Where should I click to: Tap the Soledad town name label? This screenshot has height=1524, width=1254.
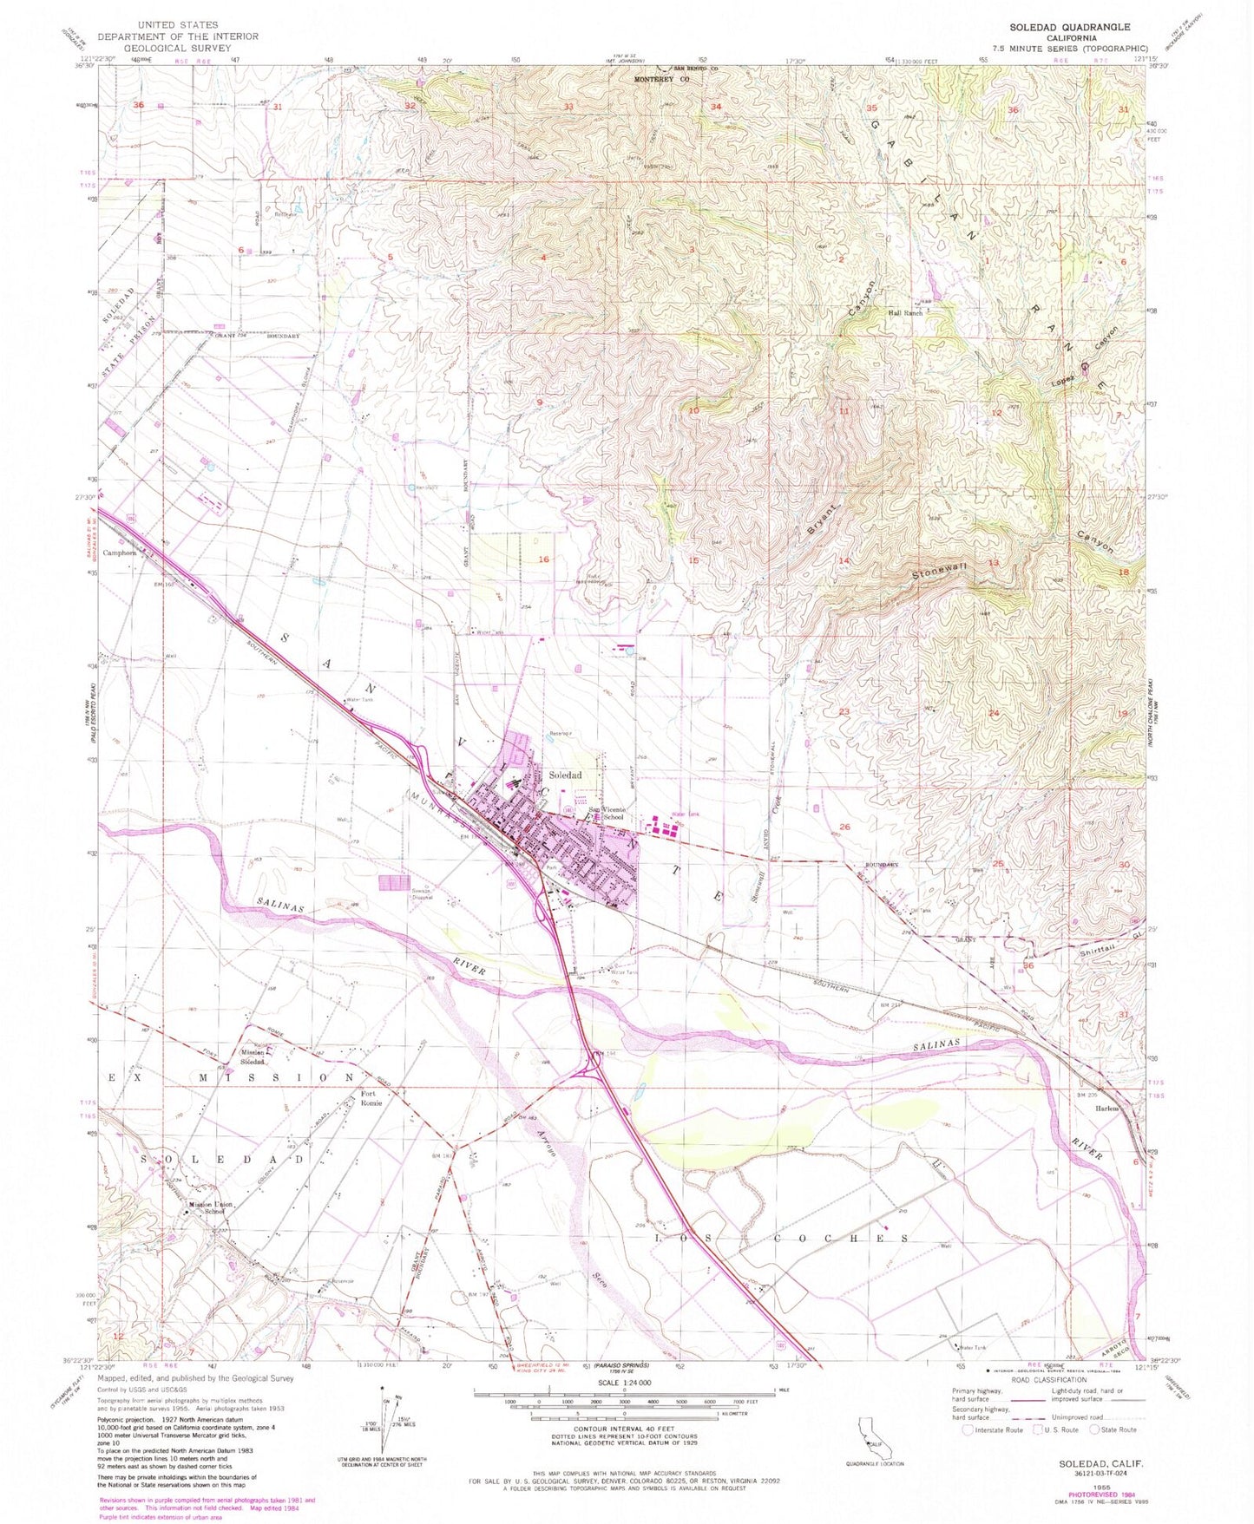pos(564,775)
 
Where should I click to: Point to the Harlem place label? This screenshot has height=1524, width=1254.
pos(1106,1109)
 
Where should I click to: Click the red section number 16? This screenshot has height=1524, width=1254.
pos(543,559)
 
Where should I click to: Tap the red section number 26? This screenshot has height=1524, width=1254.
pos(844,827)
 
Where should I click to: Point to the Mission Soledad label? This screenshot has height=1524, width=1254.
pos(253,1057)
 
